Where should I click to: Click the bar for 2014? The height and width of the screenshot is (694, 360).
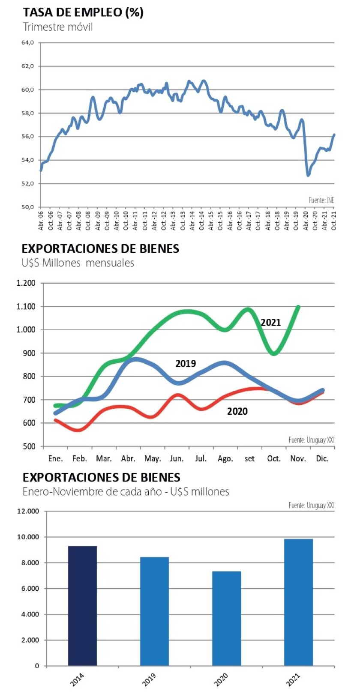coord(83,606)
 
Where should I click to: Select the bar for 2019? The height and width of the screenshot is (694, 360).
coord(154,611)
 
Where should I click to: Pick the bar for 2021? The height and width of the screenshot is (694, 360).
coord(298,602)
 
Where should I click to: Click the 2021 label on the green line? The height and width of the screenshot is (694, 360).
coord(271,323)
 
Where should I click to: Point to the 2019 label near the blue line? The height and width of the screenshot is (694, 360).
coord(186,364)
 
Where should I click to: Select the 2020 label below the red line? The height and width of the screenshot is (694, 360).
coord(237,412)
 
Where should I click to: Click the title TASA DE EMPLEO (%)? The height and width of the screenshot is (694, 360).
coord(83,12)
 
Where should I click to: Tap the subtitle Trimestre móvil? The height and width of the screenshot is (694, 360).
coord(58,27)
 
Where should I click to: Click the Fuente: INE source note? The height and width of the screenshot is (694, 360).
coord(321,200)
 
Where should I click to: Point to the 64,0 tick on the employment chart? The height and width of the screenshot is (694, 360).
coord(27,43)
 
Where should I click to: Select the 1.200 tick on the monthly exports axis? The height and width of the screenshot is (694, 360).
coord(26,283)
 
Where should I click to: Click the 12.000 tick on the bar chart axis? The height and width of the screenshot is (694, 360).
coord(28,511)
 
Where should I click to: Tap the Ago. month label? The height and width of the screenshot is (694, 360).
coord(225,459)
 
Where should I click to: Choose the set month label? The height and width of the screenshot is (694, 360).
coord(249,459)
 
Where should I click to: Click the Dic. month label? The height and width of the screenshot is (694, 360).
coord(322,459)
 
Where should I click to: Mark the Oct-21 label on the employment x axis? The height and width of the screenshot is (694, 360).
coord(334,220)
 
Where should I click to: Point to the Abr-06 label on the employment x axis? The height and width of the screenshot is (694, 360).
coord(41,220)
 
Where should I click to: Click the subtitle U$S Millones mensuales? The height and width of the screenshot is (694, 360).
coord(78,263)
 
